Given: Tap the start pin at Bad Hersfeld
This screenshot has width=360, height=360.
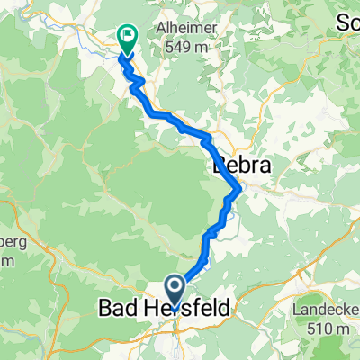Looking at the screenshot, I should tap(171, 292).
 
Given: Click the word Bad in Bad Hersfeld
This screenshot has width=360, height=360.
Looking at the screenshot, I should tap(115, 309).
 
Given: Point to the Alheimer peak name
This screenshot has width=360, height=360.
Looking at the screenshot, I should tap(183, 27).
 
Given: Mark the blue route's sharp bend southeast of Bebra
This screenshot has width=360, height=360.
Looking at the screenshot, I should tap(238, 189).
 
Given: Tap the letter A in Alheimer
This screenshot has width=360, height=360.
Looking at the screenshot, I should tap(159, 27).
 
